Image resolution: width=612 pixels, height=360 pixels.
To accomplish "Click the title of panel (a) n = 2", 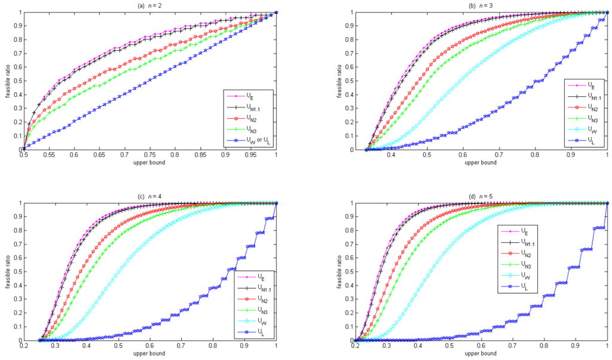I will click(x=149, y=5).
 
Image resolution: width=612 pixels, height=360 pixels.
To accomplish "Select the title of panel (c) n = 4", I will click(x=149, y=196).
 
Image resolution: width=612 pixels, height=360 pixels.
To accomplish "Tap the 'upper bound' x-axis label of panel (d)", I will click(x=481, y=353).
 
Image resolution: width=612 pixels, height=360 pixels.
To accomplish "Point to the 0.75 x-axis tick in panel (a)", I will click(x=150, y=155).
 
